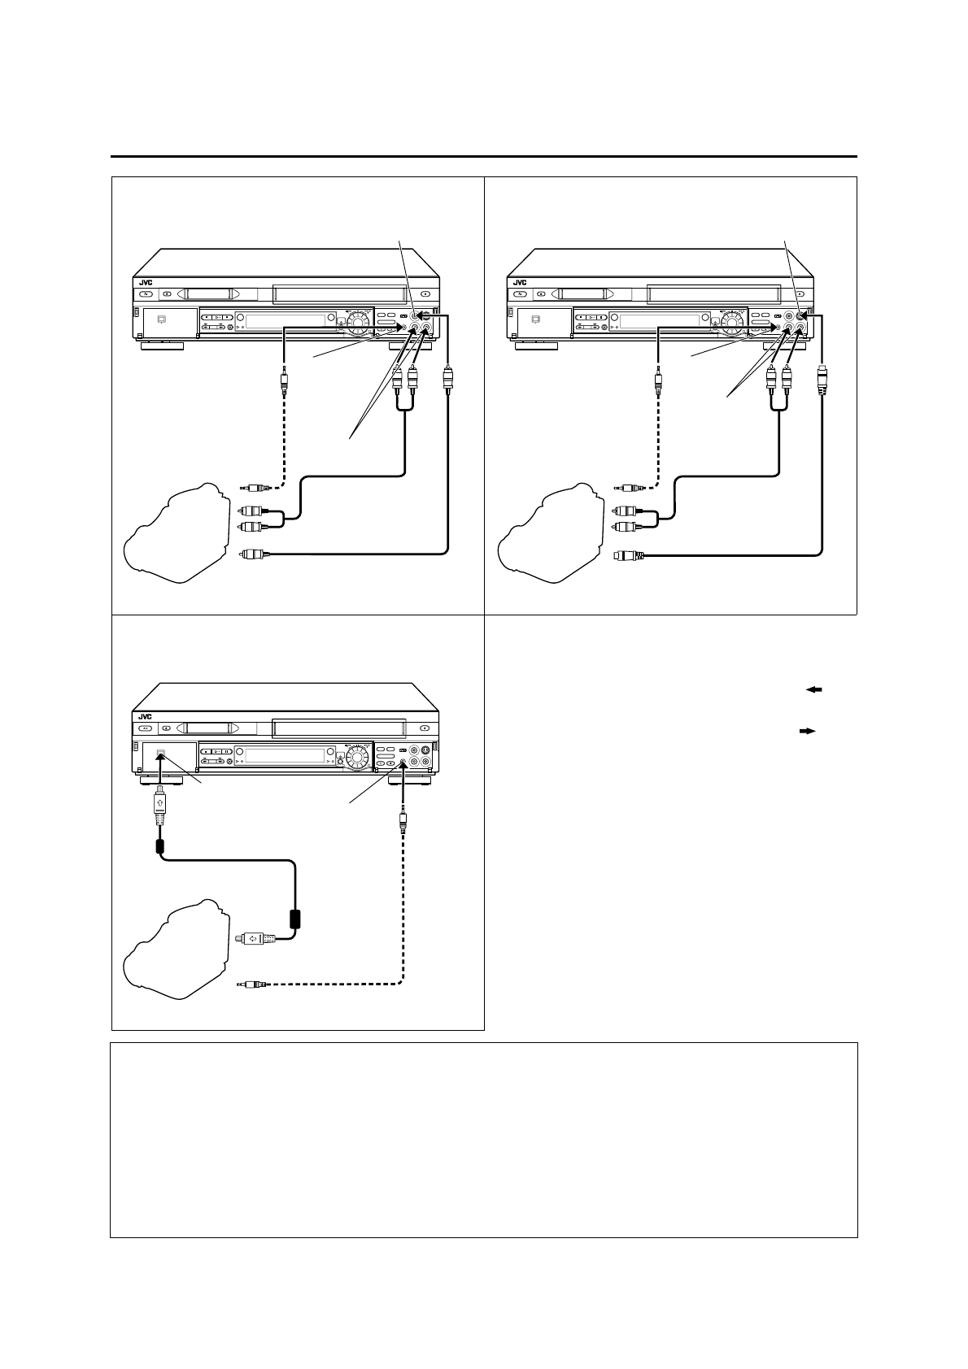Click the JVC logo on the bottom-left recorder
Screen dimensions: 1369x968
[x=145, y=716]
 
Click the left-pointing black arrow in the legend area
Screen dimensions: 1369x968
[x=814, y=689]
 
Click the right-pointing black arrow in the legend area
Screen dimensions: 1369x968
[x=807, y=731]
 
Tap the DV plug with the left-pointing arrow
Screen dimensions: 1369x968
[x=259, y=939]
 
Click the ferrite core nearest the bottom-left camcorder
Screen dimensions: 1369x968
[x=296, y=919]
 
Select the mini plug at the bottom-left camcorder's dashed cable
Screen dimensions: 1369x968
[x=251, y=984]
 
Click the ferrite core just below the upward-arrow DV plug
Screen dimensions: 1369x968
[x=161, y=845]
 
